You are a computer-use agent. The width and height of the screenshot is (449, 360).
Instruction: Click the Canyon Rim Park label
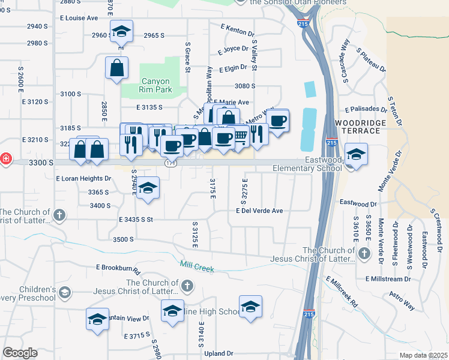click(x=155, y=85)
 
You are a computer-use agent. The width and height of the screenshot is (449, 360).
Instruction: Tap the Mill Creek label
click(x=197, y=264)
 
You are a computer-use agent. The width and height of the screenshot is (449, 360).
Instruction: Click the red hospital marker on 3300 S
click(x=5, y=159)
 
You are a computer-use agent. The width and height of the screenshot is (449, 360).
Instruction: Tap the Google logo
click(x=20, y=353)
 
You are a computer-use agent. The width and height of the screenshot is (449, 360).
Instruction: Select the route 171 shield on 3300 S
click(x=170, y=163)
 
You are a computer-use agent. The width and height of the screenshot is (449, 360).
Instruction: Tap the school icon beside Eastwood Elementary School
click(x=356, y=154)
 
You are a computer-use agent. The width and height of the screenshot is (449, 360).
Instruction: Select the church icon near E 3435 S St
click(x=59, y=214)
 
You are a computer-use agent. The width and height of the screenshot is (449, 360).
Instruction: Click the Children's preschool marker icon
click(x=64, y=293)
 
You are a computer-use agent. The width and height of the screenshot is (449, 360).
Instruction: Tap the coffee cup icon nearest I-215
click(x=277, y=121)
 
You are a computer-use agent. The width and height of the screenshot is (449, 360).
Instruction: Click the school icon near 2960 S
click(x=121, y=31)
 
